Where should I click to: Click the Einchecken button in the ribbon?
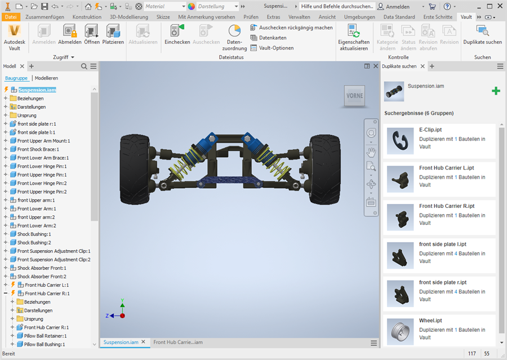177,34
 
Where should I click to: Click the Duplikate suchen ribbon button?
482,34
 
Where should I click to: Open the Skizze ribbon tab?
163,17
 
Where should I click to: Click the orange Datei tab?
11,17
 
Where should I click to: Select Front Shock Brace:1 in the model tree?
38,149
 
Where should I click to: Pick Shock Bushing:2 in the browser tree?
34,243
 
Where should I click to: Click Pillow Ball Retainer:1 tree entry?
45,336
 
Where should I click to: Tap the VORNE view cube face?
355,96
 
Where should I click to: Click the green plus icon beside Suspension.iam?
496,91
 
